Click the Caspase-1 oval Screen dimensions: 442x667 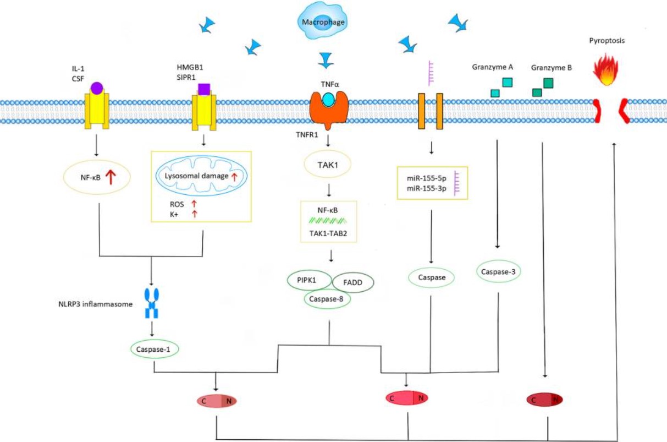(x=154, y=349)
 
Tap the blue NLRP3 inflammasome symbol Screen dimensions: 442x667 (x=151, y=302)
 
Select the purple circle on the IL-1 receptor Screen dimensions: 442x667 (x=97, y=87)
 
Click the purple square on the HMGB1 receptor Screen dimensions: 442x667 (x=204, y=89)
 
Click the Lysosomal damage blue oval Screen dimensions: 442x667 (x=200, y=176)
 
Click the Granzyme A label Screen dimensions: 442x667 (x=492, y=67)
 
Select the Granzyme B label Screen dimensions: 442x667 (x=552, y=68)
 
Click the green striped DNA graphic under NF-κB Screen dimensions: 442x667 (x=327, y=221)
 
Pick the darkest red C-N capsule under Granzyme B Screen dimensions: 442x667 (x=544, y=400)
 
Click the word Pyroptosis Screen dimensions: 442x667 (x=607, y=40)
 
